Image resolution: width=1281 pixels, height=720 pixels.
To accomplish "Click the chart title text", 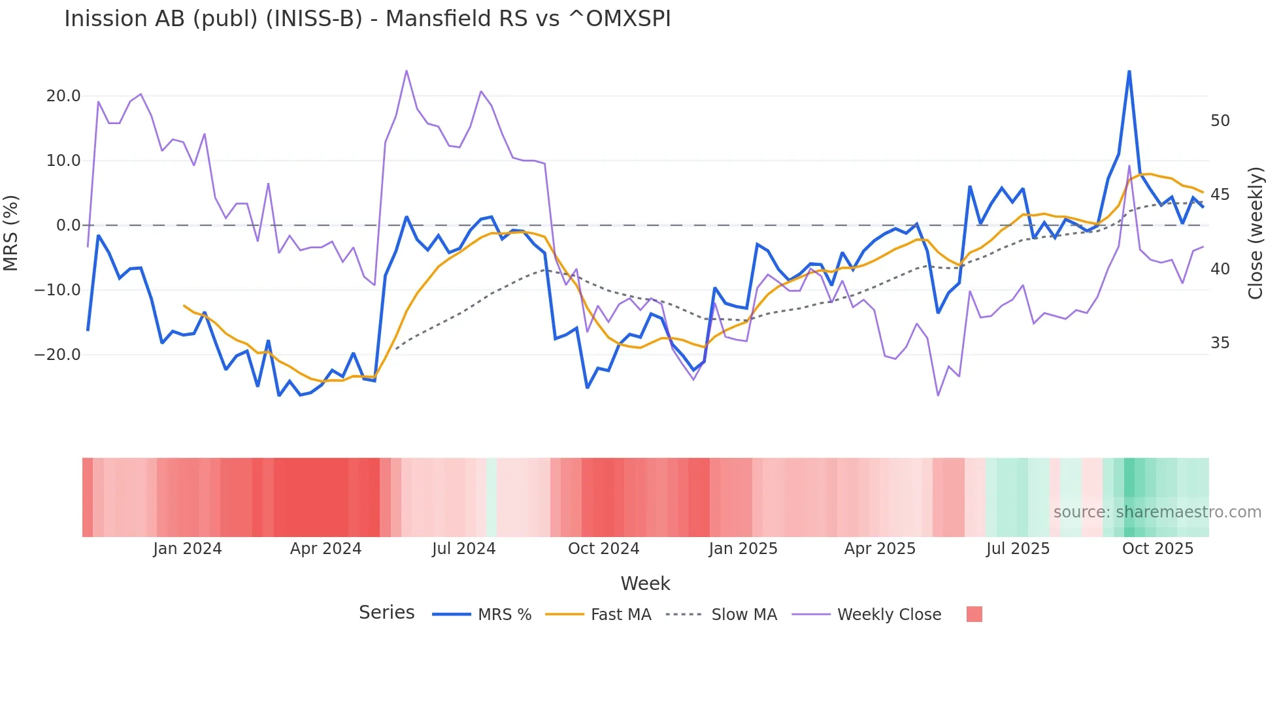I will pyautogui.click(x=367, y=19).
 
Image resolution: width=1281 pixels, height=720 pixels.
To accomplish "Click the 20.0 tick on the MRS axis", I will pyautogui.click(x=63, y=96).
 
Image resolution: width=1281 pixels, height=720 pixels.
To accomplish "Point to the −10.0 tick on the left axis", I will pyautogui.click(x=58, y=289).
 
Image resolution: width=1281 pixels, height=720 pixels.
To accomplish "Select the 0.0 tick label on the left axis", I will pyautogui.click(x=68, y=225).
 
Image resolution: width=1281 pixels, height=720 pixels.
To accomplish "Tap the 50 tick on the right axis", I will pyautogui.click(x=1220, y=121).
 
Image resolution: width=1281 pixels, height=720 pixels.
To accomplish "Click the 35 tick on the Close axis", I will pyautogui.click(x=1220, y=343).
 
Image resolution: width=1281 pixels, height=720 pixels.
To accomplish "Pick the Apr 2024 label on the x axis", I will pyautogui.click(x=325, y=549).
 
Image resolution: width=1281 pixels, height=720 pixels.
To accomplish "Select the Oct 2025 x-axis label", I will pyautogui.click(x=1157, y=549).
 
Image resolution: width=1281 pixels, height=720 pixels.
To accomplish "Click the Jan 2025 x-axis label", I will pyautogui.click(x=743, y=549).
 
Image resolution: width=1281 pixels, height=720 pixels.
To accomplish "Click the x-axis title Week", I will pyautogui.click(x=645, y=583).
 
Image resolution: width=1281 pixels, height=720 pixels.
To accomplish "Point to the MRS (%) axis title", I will pyautogui.click(x=11, y=233).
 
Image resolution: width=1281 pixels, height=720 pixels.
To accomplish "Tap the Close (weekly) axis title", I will pyautogui.click(x=1255, y=233).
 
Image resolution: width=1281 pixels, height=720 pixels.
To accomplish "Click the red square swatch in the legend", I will pyautogui.click(x=974, y=614).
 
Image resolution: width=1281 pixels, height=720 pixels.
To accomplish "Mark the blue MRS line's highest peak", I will pyautogui.click(x=1129, y=71).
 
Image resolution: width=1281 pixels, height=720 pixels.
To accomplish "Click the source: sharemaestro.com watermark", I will pyautogui.click(x=1157, y=512).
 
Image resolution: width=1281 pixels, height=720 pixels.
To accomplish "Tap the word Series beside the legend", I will pyautogui.click(x=386, y=613).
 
